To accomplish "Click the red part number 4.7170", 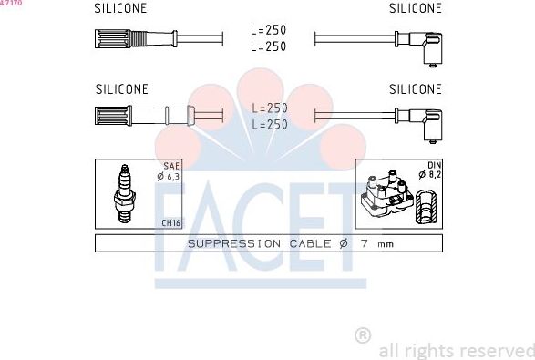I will click(11, 4).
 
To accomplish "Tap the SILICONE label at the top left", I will click(121, 8).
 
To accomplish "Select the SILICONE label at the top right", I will click(415, 8).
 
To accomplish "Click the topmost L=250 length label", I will click(269, 30).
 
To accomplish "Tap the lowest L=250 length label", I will click(269, 124).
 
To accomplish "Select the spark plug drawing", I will click(124, 193).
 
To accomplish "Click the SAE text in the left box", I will click(170, 167).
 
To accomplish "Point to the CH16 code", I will click(170, 222).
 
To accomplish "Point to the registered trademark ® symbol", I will click(362, 334).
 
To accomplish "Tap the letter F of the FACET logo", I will click(173, 228).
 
